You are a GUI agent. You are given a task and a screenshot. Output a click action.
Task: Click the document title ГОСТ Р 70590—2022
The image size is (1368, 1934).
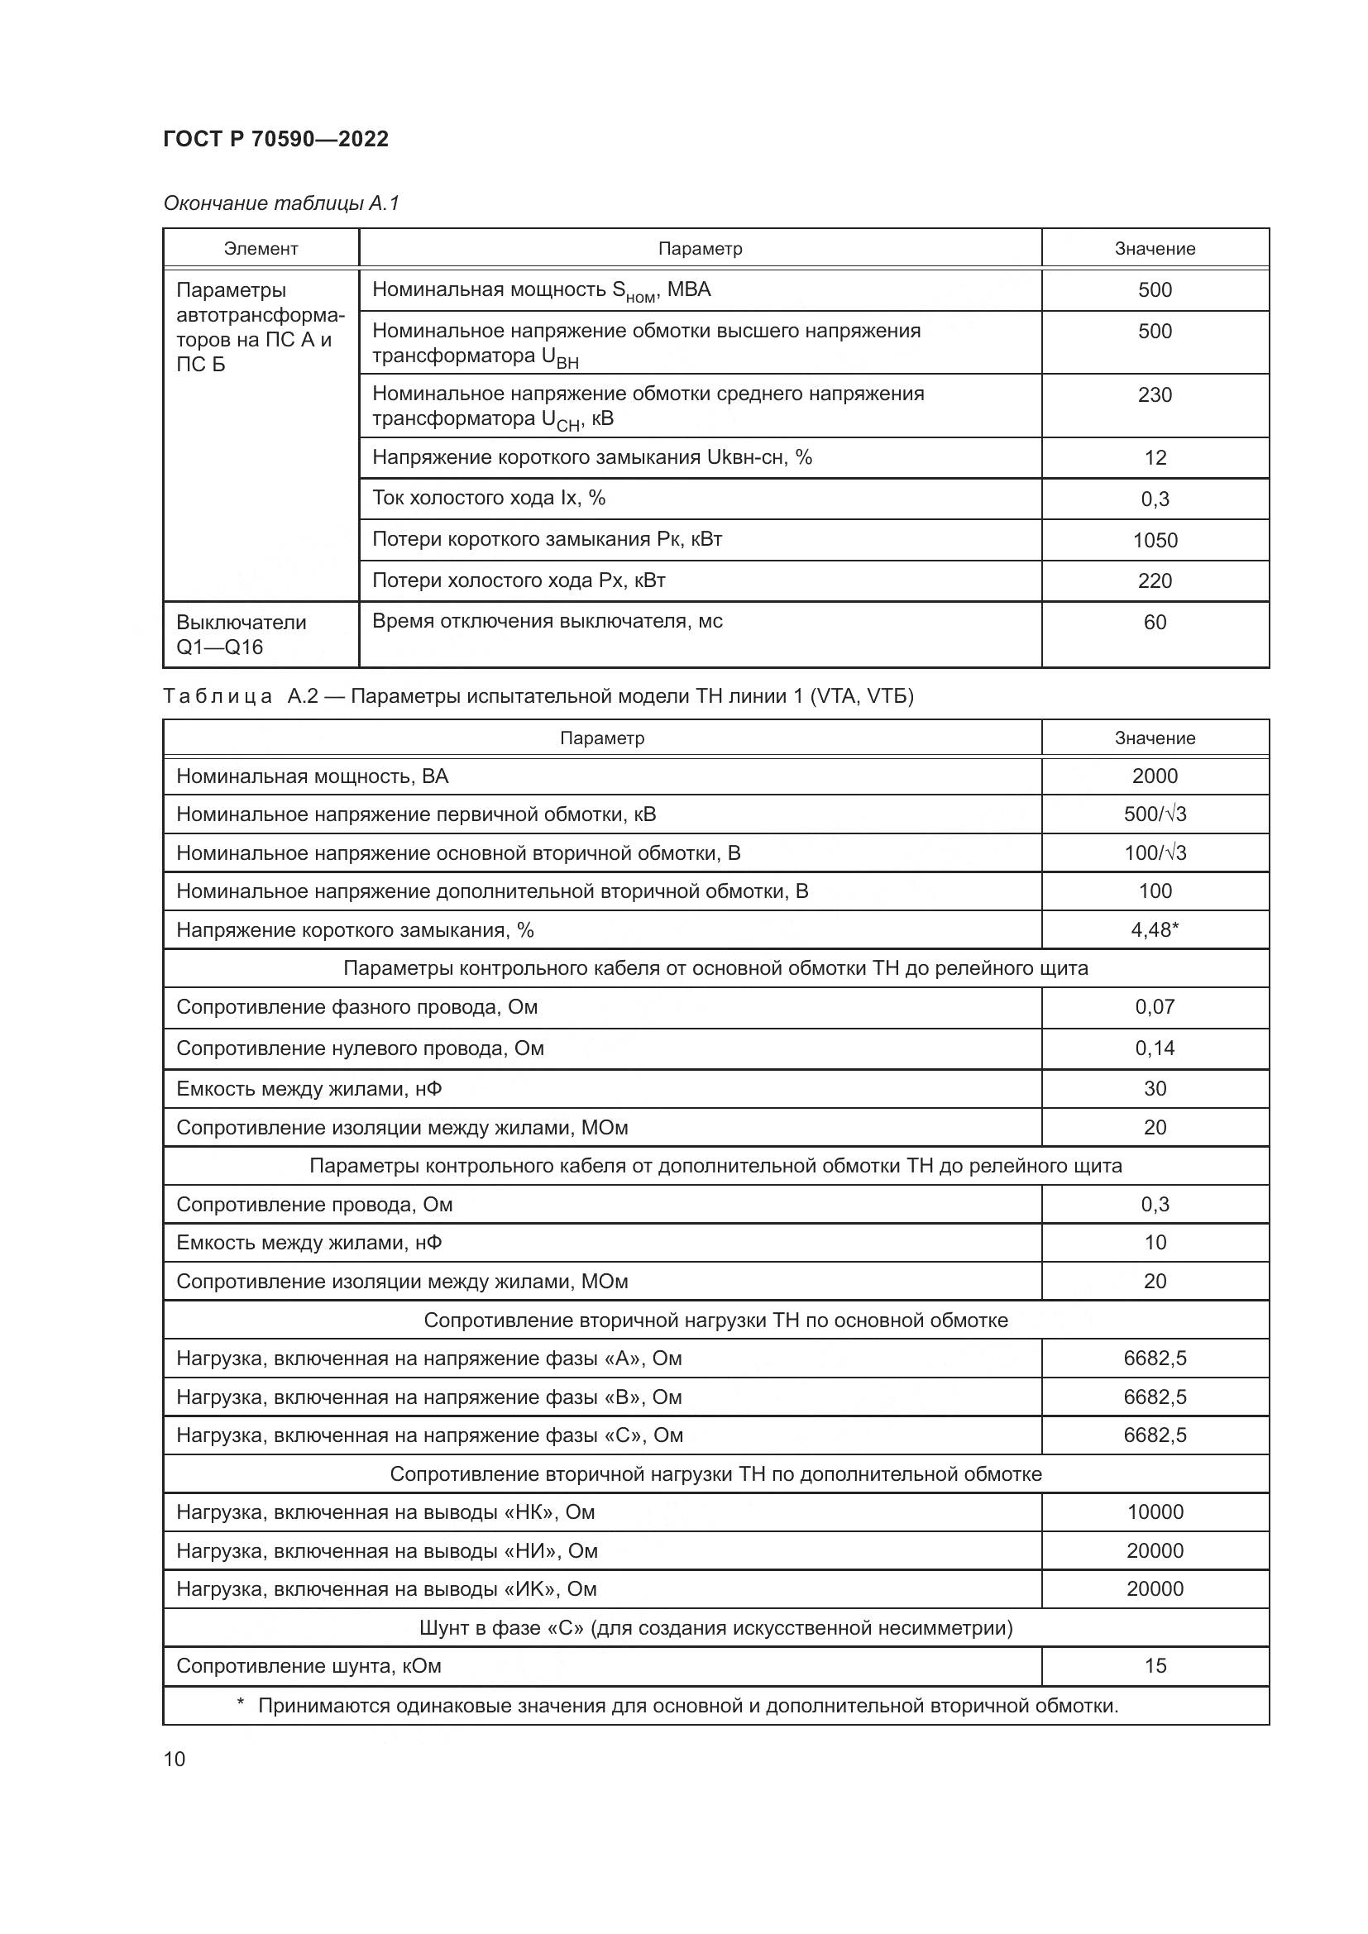275,139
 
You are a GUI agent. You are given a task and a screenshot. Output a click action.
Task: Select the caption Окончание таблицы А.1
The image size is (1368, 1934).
280,203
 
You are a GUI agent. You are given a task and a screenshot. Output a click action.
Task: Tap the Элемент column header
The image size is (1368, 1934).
261,249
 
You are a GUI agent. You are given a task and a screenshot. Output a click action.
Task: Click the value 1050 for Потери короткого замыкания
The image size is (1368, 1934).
1154,540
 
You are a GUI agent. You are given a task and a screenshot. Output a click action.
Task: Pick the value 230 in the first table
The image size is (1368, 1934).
1154,394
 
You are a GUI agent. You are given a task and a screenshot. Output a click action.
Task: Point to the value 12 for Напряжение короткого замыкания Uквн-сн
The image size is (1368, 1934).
1154,457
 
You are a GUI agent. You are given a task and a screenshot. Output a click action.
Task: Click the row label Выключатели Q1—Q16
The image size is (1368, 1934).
241,634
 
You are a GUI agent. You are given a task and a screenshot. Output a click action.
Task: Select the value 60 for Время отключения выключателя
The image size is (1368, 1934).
1154,623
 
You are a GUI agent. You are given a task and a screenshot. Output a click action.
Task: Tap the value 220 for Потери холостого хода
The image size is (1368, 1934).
1154,580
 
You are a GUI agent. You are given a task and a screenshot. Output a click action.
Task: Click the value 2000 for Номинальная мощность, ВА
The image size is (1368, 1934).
1154,776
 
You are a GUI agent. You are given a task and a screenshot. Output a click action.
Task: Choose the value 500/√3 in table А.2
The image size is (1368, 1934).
1154,814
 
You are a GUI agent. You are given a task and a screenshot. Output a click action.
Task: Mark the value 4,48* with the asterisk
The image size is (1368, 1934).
1154,929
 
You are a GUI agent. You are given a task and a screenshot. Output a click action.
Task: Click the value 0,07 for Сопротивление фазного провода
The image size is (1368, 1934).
1154,1006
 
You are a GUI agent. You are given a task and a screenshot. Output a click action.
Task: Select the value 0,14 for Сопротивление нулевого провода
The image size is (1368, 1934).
1154,1048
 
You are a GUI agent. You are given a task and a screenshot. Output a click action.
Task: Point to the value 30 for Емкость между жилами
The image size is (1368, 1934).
1154,1088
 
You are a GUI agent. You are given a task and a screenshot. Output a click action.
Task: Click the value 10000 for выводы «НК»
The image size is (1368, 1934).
1154,1512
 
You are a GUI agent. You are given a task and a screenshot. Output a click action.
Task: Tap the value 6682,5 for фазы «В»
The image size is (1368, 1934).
1154,1397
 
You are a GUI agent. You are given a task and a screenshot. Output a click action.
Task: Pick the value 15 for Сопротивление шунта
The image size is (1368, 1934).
1154,1665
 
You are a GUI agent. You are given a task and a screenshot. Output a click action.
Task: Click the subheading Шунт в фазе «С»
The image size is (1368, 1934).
715,1627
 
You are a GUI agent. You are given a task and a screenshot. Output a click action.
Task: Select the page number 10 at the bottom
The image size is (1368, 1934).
175,1759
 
